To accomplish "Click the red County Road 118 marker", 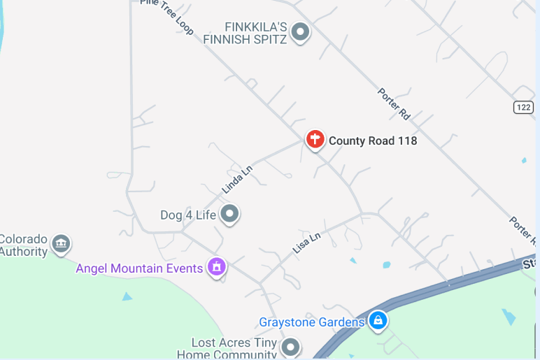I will (315, 139).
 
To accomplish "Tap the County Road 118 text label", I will (373, 141).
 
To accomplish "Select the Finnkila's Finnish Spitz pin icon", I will (300, 31).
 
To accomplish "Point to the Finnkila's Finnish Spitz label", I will (246, 33).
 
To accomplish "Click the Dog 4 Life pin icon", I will (229, 214).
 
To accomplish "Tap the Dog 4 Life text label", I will (188, 215).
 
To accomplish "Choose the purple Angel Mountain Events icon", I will (217, 267).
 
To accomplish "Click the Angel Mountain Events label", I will (139, 268).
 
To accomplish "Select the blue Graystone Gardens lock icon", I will (378, 321).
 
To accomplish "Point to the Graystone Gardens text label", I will (312, 322).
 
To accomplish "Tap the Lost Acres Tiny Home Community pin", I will (290, 346).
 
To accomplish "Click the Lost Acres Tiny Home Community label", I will (234, 349).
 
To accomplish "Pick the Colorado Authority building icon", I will (61, 244).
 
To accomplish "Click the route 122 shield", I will (523, 107).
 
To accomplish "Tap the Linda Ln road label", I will (236, 179).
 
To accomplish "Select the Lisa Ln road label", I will (306, 242).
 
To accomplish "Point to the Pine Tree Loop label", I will (167, 15).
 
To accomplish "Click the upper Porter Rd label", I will (393, 103).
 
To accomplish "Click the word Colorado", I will (23, 238).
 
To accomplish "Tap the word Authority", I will (23, 252).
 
